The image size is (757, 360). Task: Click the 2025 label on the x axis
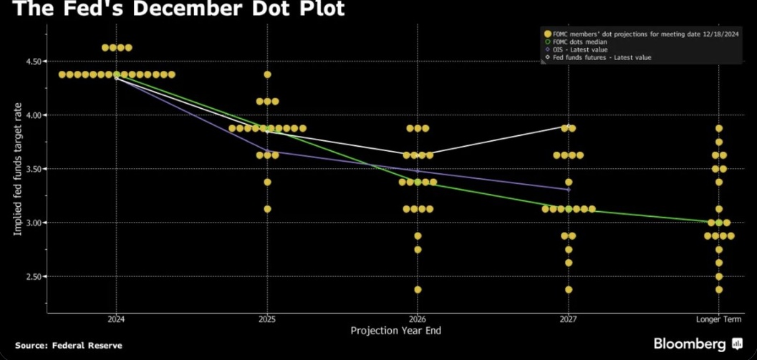[267, 319]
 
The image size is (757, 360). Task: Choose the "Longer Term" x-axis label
[718, 319]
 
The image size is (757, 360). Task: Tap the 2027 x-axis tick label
[568, 319]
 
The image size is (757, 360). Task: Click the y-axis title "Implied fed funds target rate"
[17, 169]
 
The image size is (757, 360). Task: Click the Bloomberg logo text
[692, 344]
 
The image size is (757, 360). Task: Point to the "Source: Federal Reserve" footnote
[69, 345]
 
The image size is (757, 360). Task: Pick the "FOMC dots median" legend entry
[580, 42]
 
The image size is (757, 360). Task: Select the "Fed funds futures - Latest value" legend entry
[602, 57]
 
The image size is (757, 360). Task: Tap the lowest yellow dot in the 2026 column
[418, 290]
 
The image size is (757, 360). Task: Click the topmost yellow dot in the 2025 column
[267, 74]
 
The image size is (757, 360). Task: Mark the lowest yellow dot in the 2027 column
[568, 290]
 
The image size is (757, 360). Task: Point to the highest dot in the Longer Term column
[718, 128]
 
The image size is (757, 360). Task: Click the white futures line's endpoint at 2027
[568, 127]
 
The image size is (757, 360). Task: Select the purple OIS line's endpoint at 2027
[568, 190]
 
